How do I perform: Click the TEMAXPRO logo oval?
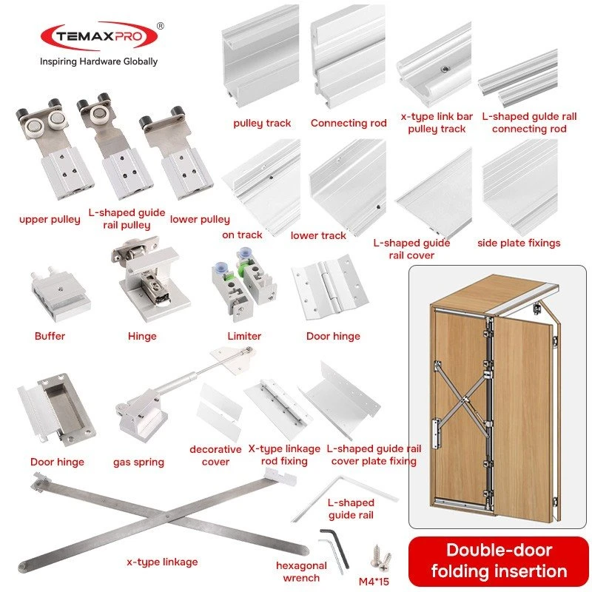click(x=99, y=36)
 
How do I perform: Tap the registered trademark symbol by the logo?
click(x=161, y=26)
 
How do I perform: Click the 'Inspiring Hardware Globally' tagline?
click(x=99, y=61)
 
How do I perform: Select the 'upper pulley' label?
click(x=50, y=219)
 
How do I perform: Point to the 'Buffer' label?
click(x=50, y=336)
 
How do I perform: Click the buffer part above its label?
click(x=61, y=293)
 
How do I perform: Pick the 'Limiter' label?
click(x=244, y=336)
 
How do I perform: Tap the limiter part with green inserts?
click(x=243, y=284)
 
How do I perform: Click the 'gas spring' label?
click(x=138, y=462)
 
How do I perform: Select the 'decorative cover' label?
click(x=215, y=455)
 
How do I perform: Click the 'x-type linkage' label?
click(x=162, y=562)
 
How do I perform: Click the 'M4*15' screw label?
click(x=374, y=582)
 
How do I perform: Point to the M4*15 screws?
click(x=380, y=557)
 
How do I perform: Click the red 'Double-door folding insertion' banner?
click(x=499, y=561)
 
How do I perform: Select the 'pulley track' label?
click(x=262, y=123)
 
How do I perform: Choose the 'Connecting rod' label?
click(x=349, y=123)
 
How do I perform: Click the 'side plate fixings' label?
click(x=519, y=243)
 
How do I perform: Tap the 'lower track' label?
click(x=318, y=235)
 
